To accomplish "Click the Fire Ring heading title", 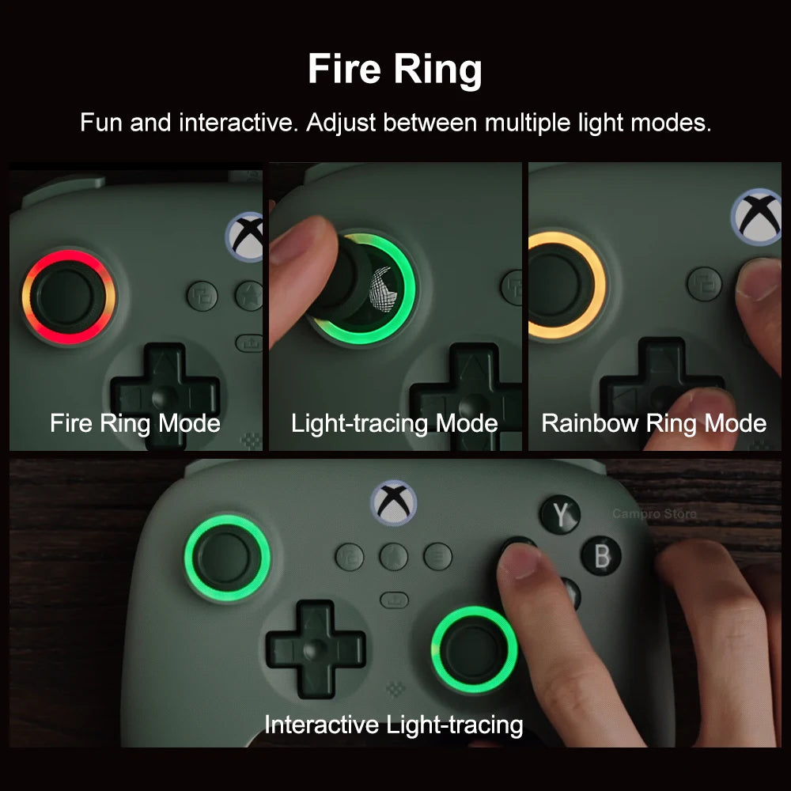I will [395, 70].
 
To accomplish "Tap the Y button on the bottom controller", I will [560, 515].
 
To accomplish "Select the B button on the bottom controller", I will [601, 555].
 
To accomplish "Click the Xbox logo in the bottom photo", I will [393, 503].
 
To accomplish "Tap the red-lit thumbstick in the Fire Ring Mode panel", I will [68, 297].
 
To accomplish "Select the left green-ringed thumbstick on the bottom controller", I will [227, 557].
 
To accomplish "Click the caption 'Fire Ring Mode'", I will [135, 423].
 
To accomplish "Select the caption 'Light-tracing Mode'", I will [394, 423].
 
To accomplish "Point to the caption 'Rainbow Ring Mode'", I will [653, 423].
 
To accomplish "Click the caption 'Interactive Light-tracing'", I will [393, 724].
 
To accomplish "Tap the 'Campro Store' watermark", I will [654, 514].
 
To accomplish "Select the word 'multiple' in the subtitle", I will [529, 123].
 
